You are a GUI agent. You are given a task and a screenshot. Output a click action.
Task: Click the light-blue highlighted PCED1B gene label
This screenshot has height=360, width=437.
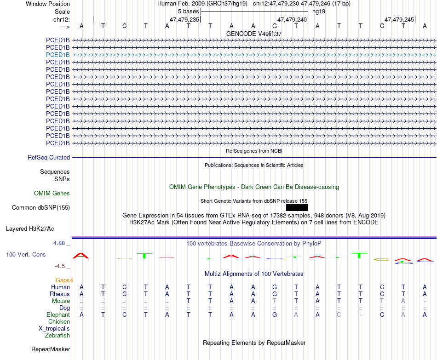point(58,55)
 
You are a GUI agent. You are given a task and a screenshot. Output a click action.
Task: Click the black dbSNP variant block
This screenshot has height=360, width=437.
point(297,207)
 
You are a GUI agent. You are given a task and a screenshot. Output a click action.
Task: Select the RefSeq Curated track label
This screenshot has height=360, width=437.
point(49,157)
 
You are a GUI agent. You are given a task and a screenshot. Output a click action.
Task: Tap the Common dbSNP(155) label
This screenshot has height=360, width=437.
point(41,207)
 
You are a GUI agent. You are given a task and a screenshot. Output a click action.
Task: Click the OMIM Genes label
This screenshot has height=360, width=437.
point(52,194)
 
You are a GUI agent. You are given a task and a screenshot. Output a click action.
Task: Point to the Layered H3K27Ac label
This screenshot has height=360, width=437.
point(30,229)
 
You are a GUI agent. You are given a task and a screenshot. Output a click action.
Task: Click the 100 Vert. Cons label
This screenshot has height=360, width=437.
point(26,254)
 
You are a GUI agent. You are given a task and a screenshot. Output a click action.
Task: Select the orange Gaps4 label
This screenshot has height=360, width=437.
point(64,280)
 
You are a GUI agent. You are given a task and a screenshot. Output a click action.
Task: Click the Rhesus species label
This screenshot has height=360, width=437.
point(60,294)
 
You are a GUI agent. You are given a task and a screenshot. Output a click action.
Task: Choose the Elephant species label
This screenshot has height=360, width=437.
point(58,314)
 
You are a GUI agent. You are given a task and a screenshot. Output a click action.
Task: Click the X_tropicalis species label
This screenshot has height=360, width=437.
point(54,328)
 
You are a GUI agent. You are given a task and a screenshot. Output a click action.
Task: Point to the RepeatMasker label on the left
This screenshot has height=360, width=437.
point(51,349)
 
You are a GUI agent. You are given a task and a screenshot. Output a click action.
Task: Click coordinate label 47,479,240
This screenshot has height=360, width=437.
point(292,20)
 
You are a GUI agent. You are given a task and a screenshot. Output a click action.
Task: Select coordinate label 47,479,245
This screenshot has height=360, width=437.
point(399,20)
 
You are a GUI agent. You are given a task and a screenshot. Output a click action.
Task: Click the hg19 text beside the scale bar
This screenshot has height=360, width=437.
point(319,11)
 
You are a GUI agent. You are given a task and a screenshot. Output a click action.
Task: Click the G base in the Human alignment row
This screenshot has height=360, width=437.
point(275,287)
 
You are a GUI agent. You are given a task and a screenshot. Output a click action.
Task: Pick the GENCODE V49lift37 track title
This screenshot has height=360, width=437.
point(254,34)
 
